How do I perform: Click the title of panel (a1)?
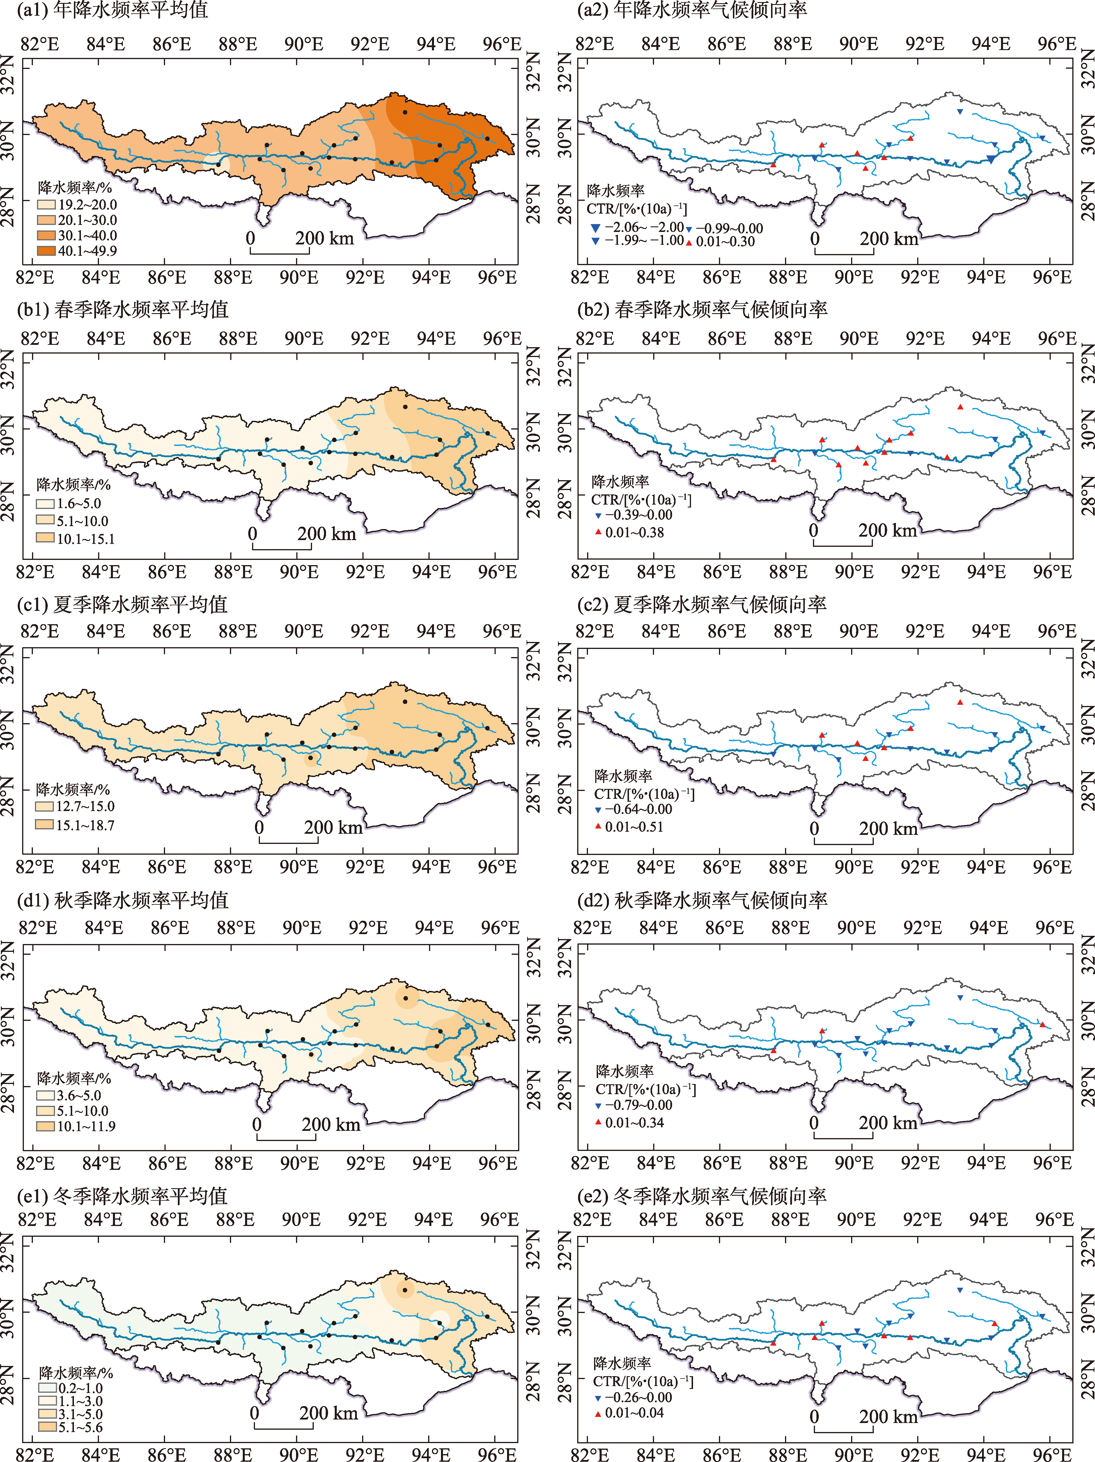click(x=112, y=10)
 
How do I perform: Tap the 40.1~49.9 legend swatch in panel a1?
click(x=46, y=251)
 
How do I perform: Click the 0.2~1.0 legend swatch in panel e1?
click(x=47, y=1388)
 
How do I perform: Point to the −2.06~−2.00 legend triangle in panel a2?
click(x=595, y=228)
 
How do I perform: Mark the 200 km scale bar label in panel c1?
click(x=333, y=828)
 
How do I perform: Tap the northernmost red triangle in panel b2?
click(x=960, y=407)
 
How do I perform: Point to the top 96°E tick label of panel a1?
click(x=502, y=44)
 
